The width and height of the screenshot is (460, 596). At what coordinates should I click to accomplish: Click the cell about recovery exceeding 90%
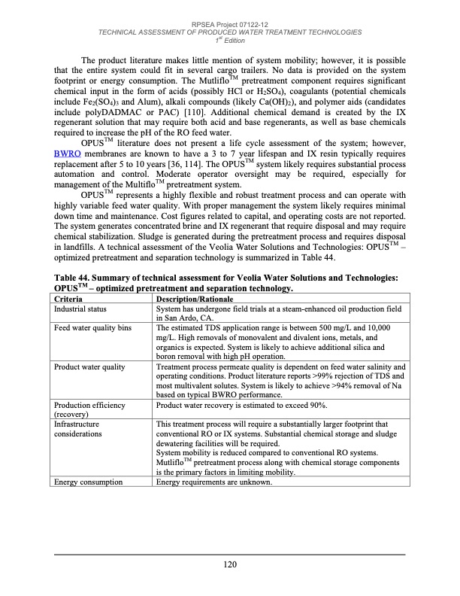[243, 405]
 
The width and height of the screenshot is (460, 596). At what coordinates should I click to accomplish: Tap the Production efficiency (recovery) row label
[89, 409]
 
